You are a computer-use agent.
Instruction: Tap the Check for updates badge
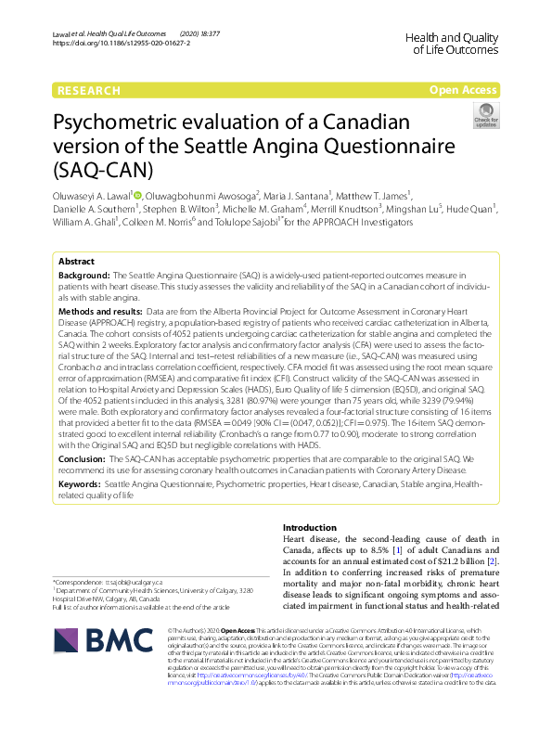point(485,115)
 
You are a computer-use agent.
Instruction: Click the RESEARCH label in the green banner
point(88,90)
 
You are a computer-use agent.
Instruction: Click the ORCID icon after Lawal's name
point(136,196)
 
